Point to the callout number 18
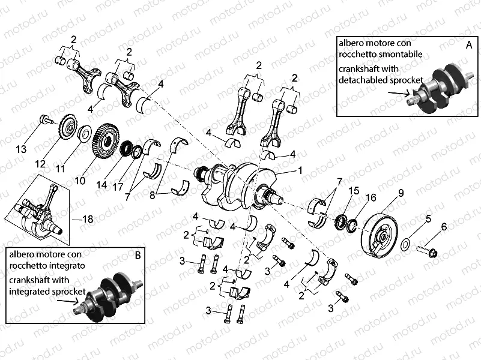coord(87,220)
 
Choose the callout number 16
coord(371,197)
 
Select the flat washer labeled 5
coord(407,244)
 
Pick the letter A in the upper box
coord(468,44)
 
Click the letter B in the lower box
coord(138,254)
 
